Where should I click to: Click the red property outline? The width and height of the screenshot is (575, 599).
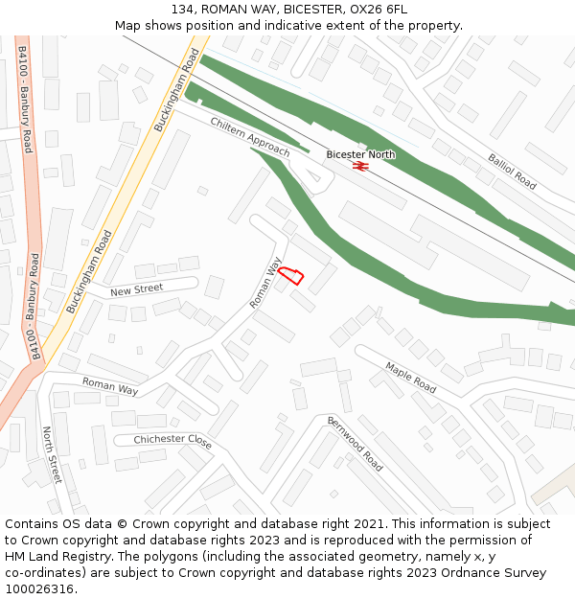click(x=292, y=274)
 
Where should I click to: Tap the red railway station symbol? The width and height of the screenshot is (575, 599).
click(x=360, y=166)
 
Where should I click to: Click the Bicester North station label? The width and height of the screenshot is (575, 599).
click(x=360, y=154)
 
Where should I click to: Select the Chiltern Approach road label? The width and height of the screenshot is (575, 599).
click(x=249, y=138)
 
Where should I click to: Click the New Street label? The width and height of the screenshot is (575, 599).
click(x=136, y=289)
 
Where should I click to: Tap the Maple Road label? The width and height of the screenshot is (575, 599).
click(x=411, y=377)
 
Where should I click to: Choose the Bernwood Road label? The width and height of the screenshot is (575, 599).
click(x=356, y=444)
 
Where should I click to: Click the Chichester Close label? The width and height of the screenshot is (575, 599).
click(x=172, y=440)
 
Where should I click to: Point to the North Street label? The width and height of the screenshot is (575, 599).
click(x=51, y=455)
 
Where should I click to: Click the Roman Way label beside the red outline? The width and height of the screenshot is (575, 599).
click(x=265, y=283)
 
